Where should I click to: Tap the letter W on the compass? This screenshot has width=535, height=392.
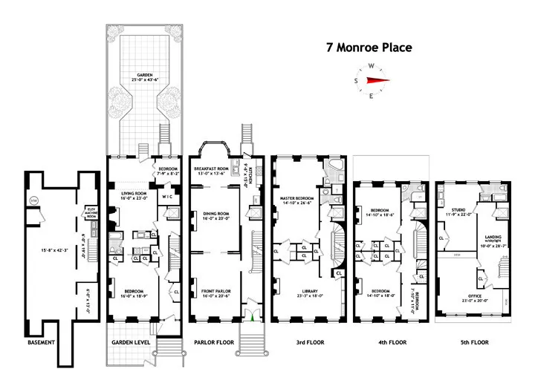point(372,66)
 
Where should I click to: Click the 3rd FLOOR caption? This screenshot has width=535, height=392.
point(305,344)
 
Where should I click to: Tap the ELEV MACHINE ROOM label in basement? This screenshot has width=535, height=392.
point(92,212)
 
